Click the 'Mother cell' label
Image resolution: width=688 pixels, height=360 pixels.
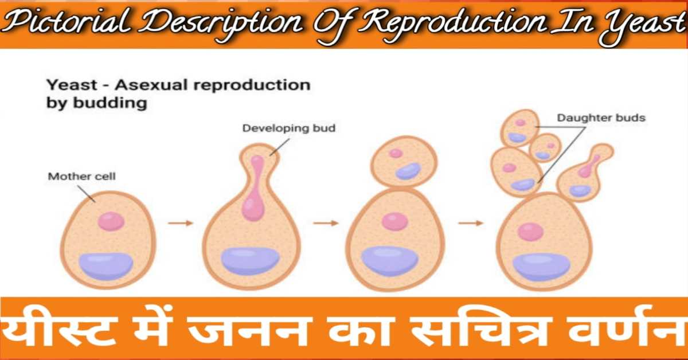tap(81, 177)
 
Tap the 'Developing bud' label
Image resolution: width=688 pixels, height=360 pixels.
tap(289, 128)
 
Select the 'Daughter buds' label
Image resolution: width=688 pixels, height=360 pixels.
tap(601, 118)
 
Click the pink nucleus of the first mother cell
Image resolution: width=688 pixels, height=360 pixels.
tap(111, 221)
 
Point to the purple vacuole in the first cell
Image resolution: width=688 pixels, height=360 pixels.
tap(106, 265)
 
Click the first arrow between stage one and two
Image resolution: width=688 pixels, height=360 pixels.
tap(181, 223)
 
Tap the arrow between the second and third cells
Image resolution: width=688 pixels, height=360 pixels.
tap(326, 223)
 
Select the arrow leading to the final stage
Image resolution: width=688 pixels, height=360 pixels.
tap(471, 223)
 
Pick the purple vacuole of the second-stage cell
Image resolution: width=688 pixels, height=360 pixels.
tap(251, 260)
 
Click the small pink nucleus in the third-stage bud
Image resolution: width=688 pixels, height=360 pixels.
tap(396, 153)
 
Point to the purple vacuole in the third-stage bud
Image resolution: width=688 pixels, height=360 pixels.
tap(408, 171)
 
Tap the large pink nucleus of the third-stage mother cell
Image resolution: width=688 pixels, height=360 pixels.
tap(395, 221)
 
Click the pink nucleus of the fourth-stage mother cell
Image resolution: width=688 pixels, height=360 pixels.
tap(531, 232)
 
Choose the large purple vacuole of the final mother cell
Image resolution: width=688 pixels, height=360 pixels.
tap(541, 268)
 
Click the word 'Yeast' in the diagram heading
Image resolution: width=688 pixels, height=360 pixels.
tap(72, 85)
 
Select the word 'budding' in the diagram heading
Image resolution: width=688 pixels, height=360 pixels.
tap(110, 103)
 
